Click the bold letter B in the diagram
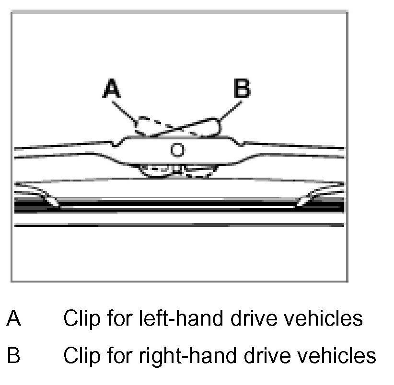(x=241, y=89)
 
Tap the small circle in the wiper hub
(x=177, y=150)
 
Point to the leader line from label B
(x=228, y=110)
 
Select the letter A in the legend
(x=14, y=318)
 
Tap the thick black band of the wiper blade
(x=177, y=207)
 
